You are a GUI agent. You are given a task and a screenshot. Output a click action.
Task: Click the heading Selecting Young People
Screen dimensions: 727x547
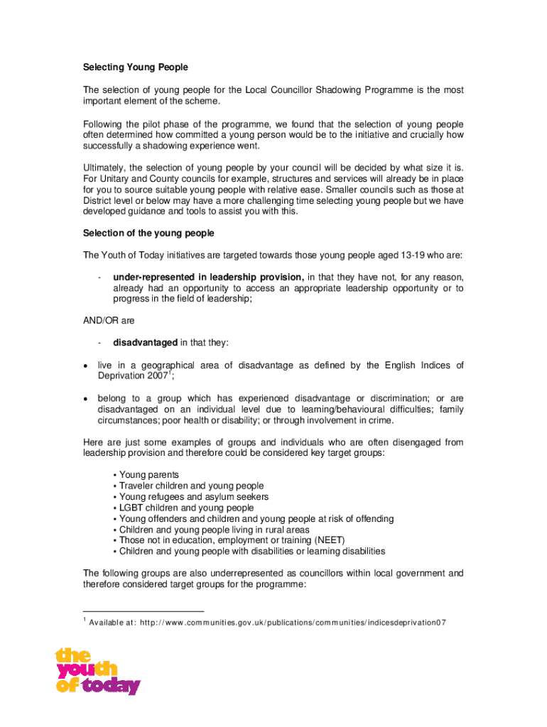135,67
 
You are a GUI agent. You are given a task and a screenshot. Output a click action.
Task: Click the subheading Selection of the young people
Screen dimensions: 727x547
148,234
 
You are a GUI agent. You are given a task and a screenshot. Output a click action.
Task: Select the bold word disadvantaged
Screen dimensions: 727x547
145,343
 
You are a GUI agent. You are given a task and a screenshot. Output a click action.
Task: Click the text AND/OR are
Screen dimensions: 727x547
108,321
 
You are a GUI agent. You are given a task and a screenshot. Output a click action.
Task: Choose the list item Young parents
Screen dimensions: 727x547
148,474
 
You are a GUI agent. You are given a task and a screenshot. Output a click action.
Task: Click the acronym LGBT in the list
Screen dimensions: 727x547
131,508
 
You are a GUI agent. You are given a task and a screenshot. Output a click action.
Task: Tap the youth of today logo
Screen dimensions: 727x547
97,671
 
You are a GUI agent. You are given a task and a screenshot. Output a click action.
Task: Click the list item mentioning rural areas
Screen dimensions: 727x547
214,530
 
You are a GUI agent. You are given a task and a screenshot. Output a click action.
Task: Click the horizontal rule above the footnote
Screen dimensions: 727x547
143,611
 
